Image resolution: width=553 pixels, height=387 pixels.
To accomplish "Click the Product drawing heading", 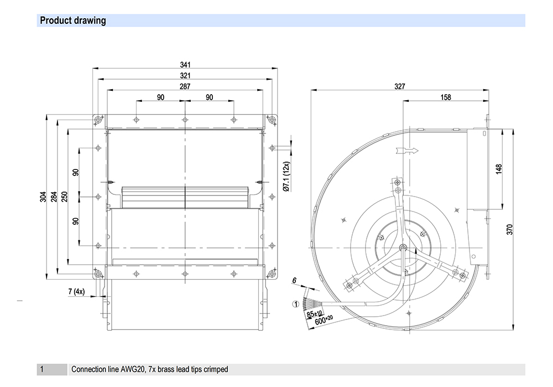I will coord(73,21).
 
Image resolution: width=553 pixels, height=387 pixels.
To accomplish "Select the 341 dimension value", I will coord(185,65).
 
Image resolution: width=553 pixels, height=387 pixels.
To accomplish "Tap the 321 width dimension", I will coord(185,76).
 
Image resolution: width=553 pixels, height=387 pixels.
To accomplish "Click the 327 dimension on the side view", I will coord(399,86).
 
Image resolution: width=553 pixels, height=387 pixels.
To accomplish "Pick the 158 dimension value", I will coord(445,97).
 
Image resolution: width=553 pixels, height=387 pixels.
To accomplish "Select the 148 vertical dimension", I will coord(499,169).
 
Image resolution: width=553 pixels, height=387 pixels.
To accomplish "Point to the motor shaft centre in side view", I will coord(403,247).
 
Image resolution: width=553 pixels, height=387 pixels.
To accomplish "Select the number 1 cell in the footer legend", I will coord(41,369).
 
